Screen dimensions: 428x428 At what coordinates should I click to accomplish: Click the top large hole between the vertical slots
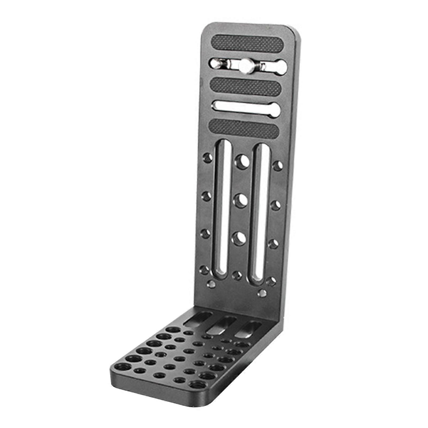click(242, 162)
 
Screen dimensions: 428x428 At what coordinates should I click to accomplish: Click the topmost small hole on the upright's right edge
click(278, 166)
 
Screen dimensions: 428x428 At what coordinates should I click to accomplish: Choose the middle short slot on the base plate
click(223, 325)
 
